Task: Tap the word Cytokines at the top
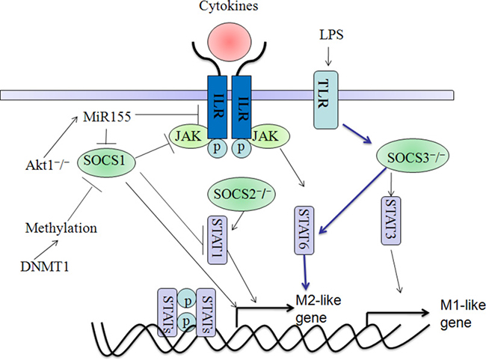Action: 229,6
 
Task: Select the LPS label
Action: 331,34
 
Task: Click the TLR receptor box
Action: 326,100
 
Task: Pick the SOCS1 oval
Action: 106,162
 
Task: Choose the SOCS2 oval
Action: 242,195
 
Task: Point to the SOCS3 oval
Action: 413,157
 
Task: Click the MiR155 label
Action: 107,117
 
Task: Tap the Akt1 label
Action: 47,165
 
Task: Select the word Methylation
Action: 61,228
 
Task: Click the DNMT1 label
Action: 45,266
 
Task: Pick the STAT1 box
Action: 217,240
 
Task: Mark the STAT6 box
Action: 304,231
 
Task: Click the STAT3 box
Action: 390,220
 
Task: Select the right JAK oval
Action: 270,136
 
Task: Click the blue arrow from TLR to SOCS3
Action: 357,134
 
